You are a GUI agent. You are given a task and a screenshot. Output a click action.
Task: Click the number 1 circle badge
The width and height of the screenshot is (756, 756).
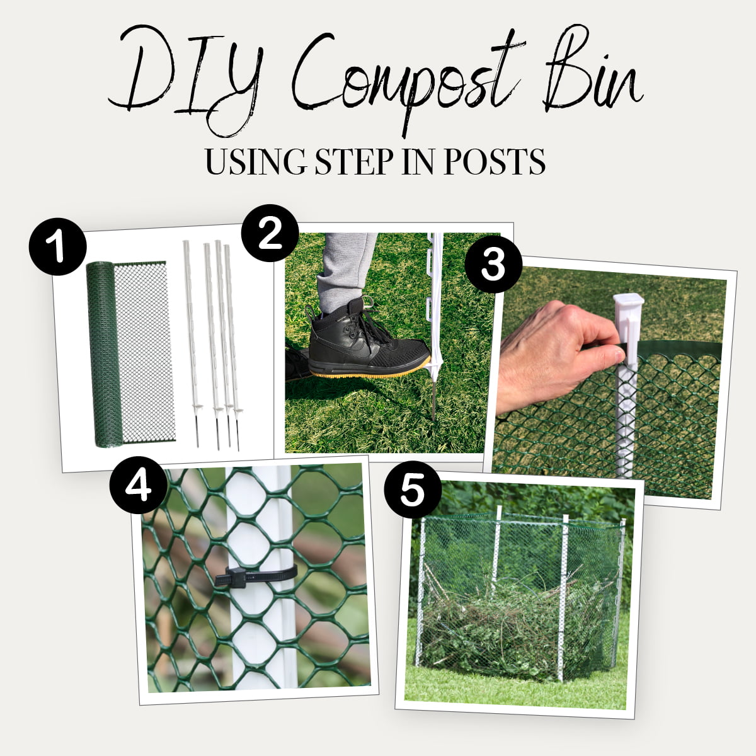point(57,247)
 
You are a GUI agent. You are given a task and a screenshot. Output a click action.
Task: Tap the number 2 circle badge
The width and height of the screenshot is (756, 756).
point(270,233)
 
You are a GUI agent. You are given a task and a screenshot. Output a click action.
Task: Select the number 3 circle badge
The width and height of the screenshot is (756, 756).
point(493,265)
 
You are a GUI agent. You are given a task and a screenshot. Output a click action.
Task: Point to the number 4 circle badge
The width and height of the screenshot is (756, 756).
point(138,484)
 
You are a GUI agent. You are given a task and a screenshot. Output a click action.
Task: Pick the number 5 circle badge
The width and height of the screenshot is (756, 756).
point(413,491)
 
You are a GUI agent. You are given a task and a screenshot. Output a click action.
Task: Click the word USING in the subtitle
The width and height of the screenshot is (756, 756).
point(255,162)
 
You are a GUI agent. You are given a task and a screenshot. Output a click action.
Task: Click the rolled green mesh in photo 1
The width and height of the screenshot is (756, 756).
point(104,353)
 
